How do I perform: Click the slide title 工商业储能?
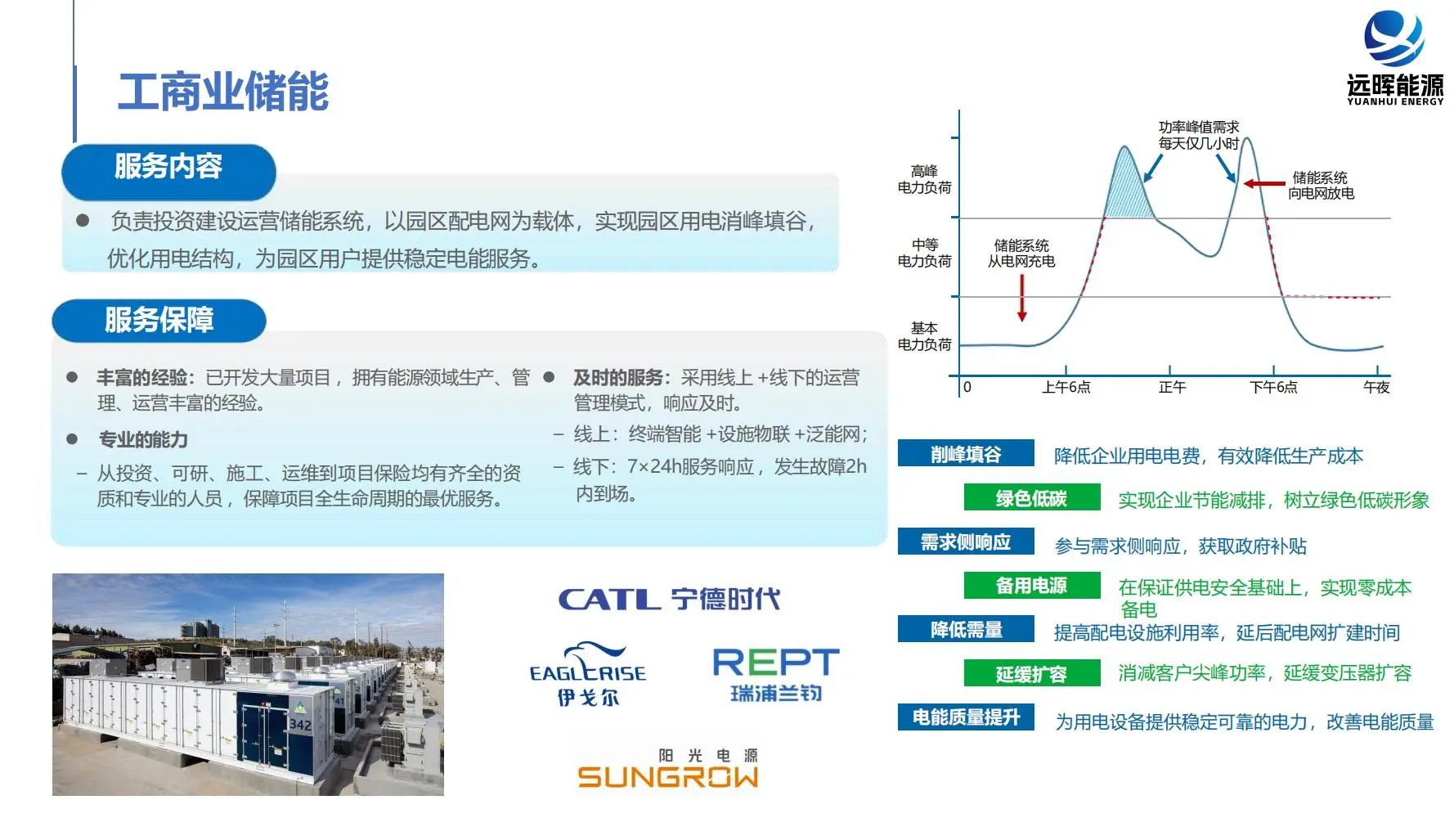tap(223, 91)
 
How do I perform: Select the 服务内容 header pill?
tap(168, 172)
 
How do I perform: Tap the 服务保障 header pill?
tap(159, 321)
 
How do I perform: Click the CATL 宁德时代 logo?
tap(669, 599)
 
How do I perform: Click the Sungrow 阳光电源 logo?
tap(668, 768)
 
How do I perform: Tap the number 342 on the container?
tap(300, 724)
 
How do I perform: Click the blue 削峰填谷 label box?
tap(966, 454)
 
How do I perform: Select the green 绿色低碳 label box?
tap(1031, 498)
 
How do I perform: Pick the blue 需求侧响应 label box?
tap(966, 542)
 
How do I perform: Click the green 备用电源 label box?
tap(1031, 586)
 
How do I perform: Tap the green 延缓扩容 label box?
tap(1031, 674)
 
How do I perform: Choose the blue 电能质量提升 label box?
tap(966, 717)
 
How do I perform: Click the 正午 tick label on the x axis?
tap(1172, 387)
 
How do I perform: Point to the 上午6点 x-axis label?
tap(1066, 387)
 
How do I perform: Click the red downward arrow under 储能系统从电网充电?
tap(1022, 298)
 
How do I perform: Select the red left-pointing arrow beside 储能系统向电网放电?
tap(1264, 184)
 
